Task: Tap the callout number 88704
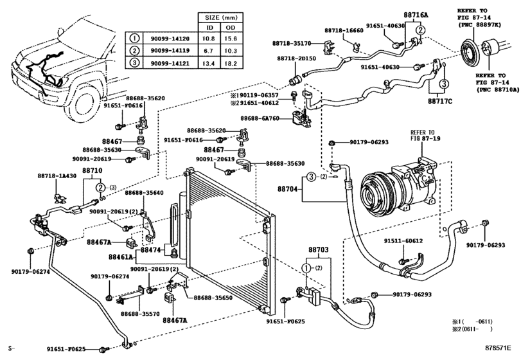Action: point(289,190)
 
